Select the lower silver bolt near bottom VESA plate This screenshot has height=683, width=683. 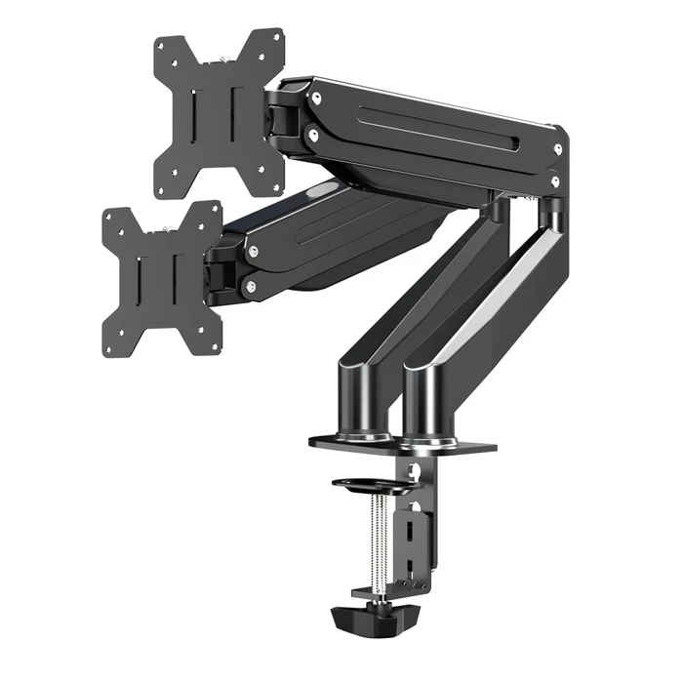click(x=252, y=287)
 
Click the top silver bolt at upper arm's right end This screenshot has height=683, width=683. click(x=558, y=149)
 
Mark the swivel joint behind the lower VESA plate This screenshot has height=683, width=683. click(x=223, y=274)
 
